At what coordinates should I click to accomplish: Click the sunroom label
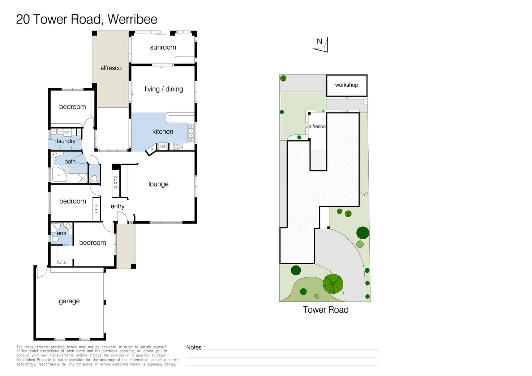[163, 47]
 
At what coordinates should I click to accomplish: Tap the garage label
[69, 301]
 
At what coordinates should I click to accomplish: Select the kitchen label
[163, 132]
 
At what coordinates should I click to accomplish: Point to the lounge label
[158, 184]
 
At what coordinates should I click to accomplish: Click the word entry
[117, 206]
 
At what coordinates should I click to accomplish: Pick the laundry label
[66, 141]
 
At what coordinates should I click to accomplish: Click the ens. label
[62, 233]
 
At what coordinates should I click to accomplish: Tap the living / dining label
[164, 89]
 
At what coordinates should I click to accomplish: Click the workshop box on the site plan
[347, 85]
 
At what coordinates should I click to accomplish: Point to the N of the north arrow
[319, 42]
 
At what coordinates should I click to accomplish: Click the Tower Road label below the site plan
[326, 310]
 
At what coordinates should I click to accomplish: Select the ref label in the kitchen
[163, 146]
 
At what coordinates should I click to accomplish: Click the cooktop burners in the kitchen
[178, 147]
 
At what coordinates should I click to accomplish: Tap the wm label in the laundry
[67, 132]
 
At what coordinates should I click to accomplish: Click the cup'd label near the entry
[116, 182]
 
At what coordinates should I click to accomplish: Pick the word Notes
[195, 347]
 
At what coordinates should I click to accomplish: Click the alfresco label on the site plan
[317, 127]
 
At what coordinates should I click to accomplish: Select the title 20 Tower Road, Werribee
[87, 19]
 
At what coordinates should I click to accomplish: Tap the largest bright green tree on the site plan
[333, 283]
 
